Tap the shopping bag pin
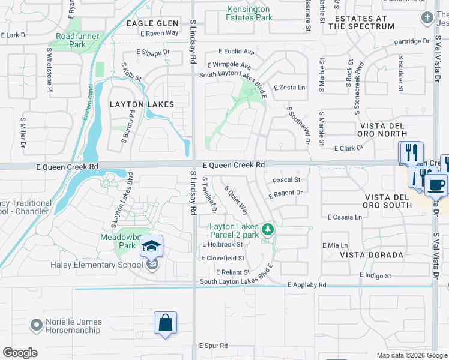tap(165, 323)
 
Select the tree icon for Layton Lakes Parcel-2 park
tap(268, 229)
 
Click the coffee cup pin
tap(436, 184)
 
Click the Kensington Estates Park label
tap(250, 13)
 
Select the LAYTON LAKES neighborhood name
tap(142, 104)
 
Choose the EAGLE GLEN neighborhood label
tap(152, 23)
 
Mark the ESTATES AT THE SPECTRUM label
tap(361, 22)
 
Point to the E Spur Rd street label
tap(213, 346)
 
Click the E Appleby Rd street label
tap(306, 285)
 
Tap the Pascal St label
tap(286, 179)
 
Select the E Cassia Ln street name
tap(345, 217)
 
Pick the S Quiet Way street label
tap(237, 200)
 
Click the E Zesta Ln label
tap(289, 88)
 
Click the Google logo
tap(20, 353)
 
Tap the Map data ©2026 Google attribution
tap(411, 355)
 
